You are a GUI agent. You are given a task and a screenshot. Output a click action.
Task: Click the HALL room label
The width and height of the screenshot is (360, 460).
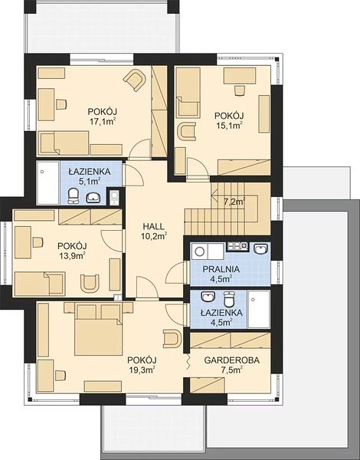pos(154,226)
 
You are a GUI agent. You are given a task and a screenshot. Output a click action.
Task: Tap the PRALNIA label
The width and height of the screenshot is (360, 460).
pos(221,269)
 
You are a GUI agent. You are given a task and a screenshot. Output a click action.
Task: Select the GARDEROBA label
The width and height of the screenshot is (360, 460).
pos(232,360)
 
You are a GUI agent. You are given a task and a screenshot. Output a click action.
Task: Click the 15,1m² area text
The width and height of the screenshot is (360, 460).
pos(229,125)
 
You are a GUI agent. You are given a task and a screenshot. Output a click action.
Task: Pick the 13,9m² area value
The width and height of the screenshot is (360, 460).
pos(72,255)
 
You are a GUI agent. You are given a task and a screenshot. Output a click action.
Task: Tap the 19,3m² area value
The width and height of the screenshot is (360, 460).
pos(142,370)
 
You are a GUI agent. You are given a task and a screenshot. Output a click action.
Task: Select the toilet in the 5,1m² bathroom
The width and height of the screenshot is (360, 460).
pos(73,196)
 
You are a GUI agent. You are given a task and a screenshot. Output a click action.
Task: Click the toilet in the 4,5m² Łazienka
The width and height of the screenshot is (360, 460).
pos(229,299)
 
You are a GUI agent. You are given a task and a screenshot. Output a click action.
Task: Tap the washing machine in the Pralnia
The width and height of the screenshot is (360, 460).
pos(200,251)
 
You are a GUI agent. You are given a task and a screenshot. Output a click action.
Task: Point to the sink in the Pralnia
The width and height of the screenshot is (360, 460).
pos(260,248)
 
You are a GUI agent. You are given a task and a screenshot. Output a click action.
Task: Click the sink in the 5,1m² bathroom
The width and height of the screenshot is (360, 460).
pos(93,198)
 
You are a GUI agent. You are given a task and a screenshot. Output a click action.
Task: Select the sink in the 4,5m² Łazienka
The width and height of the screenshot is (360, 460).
pos(208,297)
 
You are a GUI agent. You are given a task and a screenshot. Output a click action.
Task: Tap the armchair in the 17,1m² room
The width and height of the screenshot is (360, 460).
pos(135,79)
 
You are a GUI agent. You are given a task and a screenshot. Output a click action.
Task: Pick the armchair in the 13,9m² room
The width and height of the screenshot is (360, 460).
pos(90,283)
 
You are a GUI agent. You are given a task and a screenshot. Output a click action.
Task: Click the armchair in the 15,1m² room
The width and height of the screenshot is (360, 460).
pos(186,131)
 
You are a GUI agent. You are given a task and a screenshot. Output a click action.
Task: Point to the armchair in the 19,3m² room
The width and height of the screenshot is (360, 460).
pos(172,338)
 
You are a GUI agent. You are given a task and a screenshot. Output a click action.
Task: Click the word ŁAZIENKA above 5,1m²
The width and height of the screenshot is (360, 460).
pos(90,171)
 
